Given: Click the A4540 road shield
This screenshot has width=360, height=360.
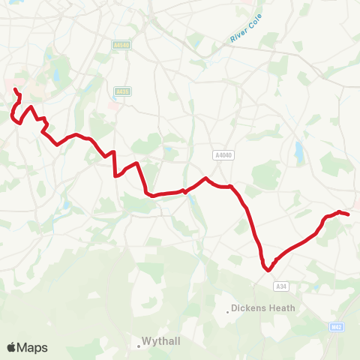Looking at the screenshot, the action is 121,45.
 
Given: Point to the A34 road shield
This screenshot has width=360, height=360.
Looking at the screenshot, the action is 281,286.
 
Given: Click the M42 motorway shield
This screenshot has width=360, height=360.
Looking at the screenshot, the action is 336,327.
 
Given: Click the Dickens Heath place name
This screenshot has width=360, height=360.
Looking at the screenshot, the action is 264,307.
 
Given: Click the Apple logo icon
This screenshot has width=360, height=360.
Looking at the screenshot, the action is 12,347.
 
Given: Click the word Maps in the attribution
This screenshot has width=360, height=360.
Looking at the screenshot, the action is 33,347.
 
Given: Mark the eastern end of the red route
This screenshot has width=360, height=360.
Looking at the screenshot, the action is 349,214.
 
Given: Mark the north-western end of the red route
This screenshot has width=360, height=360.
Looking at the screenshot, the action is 15,90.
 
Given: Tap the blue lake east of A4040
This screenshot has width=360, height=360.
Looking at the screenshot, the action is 300,153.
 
